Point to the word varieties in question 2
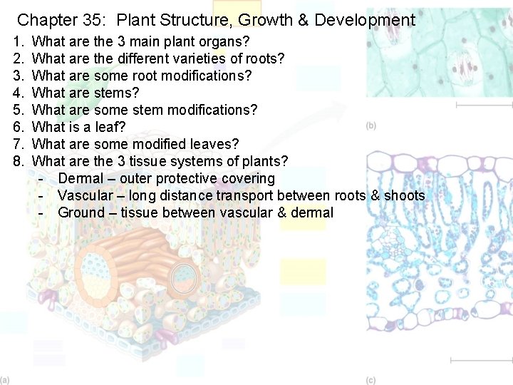(199, 58)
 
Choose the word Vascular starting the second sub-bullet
(85, 195)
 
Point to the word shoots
(404, 195)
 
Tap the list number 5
(19, 110)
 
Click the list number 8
(19, 161)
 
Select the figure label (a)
(5, 380)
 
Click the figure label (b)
(370, 126)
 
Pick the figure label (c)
(370, 380)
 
